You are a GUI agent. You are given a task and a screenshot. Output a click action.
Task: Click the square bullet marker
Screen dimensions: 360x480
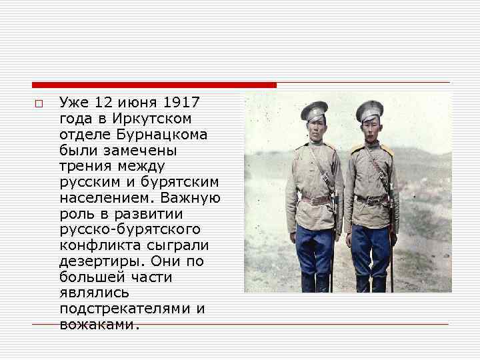[x=39, y=104]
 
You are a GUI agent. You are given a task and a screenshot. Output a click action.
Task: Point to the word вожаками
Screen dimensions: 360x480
[x=99, y=325]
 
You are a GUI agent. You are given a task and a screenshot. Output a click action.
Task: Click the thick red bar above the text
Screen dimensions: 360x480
[x=154, y=85]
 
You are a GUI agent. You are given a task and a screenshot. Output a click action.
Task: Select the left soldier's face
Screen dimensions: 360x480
[x=314, y=127]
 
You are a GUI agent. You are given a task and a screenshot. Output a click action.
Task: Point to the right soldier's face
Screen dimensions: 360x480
[x=369, y=127]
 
